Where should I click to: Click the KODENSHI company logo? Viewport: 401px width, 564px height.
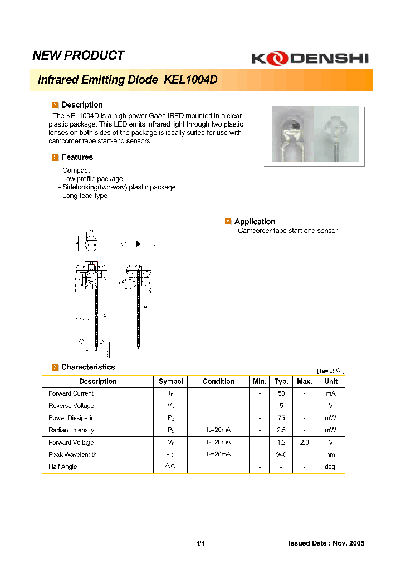[x=309, y=58]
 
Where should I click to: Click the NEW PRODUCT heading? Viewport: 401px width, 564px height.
[x=79, y=55]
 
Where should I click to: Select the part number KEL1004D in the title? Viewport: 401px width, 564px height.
[x=190, y=80]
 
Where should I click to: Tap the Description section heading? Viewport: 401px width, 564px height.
[x=82, y=105]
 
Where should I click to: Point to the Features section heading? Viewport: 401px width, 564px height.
[x=77, y=157]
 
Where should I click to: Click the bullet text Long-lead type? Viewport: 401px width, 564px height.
[x=85, y=196]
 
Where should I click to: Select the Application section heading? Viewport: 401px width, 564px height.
[x=255, y=221]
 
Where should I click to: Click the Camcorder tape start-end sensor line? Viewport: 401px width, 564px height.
[x=287, y=231]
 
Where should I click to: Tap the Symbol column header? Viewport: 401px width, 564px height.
[x=170, y=381]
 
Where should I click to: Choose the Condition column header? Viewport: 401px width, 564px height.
[x=218, y=381]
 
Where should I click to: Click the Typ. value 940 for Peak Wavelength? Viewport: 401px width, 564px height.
[x=281, y=455]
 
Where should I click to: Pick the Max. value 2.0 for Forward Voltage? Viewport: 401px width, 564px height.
[x=304, y=443]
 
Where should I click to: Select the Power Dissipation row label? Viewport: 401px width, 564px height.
[x=73, y=418]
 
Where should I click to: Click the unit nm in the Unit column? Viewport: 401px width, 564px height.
[x=331, y=455]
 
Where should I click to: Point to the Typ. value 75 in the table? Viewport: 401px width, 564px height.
[x=281, y=418]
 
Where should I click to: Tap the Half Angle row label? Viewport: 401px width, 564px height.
[x=62, y=467]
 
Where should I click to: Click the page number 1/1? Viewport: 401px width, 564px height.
[x=200, y=543]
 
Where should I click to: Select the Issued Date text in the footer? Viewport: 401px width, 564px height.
[x=326, y=543]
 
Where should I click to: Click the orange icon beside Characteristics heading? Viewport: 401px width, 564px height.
[x=55, y=367]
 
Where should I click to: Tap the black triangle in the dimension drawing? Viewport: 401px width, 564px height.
[x=138, y=244]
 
